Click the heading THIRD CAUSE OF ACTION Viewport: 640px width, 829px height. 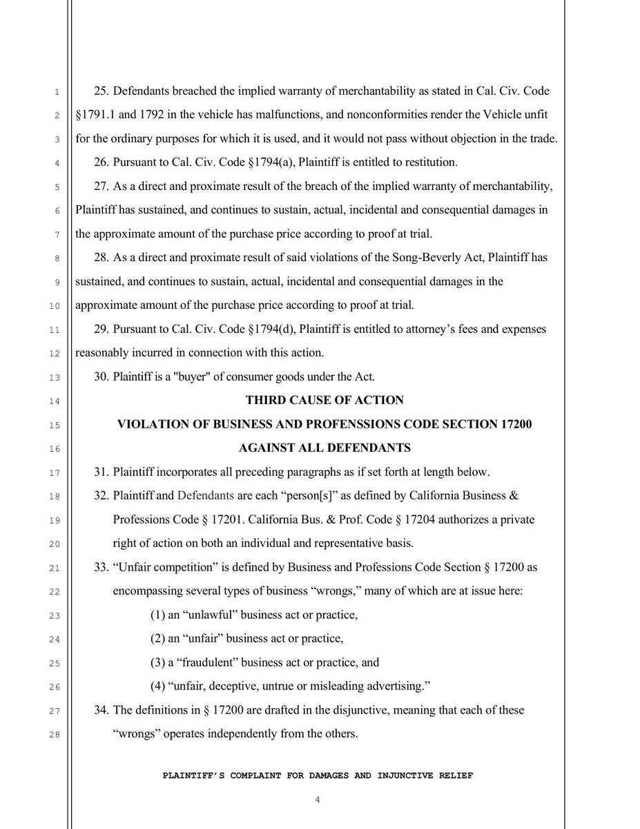pos(324,401)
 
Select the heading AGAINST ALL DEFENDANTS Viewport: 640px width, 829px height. pos(324,448)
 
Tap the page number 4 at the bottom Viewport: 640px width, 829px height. pos(318,800)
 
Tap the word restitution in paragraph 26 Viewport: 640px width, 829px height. pos(432,163)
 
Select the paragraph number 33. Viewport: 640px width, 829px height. pos(101,567)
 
